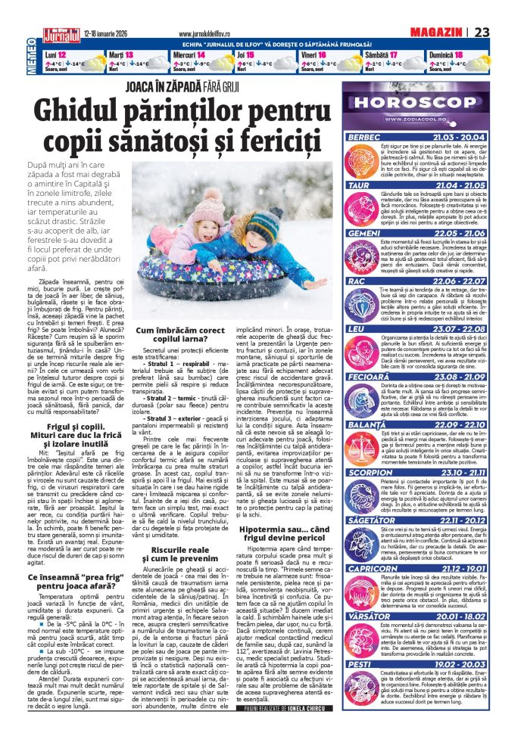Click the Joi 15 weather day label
(245, 55)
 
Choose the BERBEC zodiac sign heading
(365, 137)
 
